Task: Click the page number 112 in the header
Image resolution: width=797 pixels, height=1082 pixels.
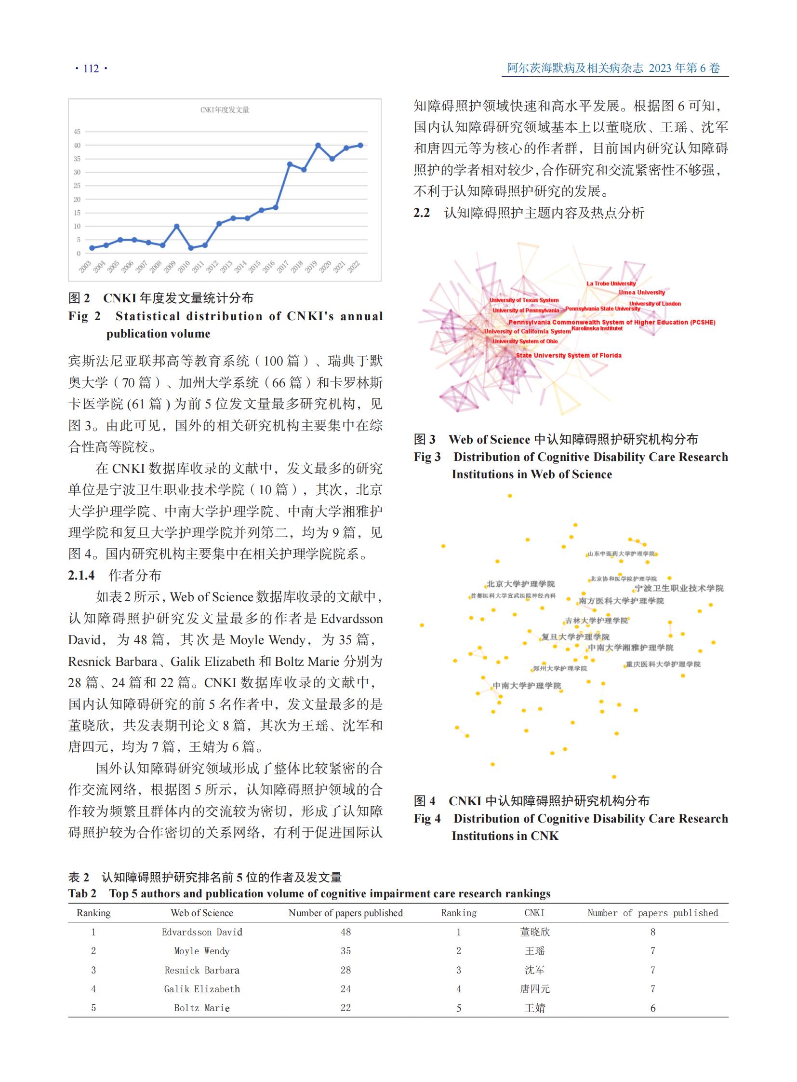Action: point(91,68)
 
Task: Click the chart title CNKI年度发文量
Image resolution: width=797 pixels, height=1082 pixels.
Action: point(225,110)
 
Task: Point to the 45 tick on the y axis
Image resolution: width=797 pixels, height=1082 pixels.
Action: point(77,131)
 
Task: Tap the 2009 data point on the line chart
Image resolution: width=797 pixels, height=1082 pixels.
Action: point(177,227)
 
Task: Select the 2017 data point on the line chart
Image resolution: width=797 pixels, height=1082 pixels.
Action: point(290,164)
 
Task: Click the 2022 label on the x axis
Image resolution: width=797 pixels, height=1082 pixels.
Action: point(354,267)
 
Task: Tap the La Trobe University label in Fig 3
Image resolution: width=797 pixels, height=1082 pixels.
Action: point(611,284)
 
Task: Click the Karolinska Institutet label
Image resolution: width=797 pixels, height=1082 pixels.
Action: point(597,328)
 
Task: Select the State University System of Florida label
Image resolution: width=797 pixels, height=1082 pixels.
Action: point(568,355)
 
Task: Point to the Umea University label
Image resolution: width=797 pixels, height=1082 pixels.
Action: point(642,292)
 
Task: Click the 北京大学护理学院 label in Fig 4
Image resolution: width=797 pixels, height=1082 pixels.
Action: point(520,584)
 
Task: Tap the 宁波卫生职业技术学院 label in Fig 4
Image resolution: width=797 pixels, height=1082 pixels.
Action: point(679,588)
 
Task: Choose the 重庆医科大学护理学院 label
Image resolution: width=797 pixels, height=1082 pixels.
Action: point(663,664)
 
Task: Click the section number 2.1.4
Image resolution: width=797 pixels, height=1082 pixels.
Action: point(81,576)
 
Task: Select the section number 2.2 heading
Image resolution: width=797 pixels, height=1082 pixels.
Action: point(422,213)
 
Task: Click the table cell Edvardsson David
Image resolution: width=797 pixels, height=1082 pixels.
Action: point(202,932)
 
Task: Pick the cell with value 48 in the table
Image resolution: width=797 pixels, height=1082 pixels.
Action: point(345,932)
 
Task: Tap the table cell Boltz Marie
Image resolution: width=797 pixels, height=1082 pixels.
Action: point(202,1008)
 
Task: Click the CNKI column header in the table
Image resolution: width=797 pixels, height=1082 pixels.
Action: point(534,913)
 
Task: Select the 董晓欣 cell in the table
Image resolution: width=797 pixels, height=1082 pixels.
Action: point(534,932)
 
